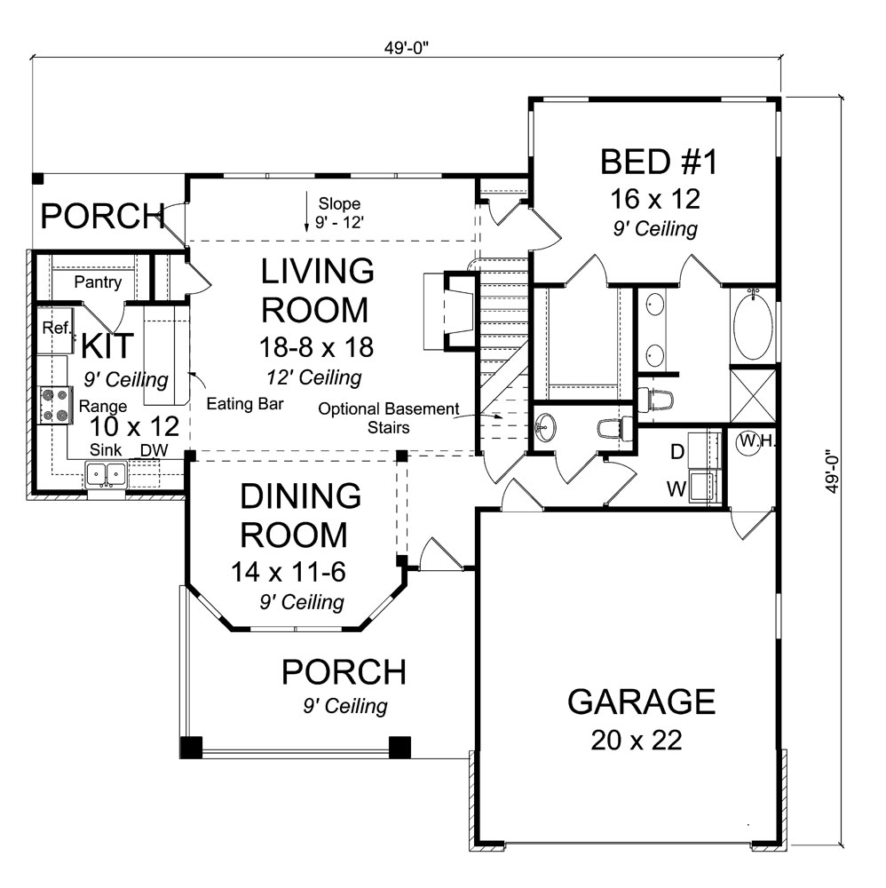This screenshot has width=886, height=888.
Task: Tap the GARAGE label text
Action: point(641,702)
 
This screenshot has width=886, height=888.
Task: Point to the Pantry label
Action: point(98,283)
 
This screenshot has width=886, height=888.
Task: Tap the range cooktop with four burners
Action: point(55,405)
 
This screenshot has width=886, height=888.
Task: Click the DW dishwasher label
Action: point(154,451)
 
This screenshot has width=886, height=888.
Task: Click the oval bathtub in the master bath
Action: point(753,326)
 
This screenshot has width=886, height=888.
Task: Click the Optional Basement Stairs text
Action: point(389,417)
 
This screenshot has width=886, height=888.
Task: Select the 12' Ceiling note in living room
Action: point(314,377)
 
